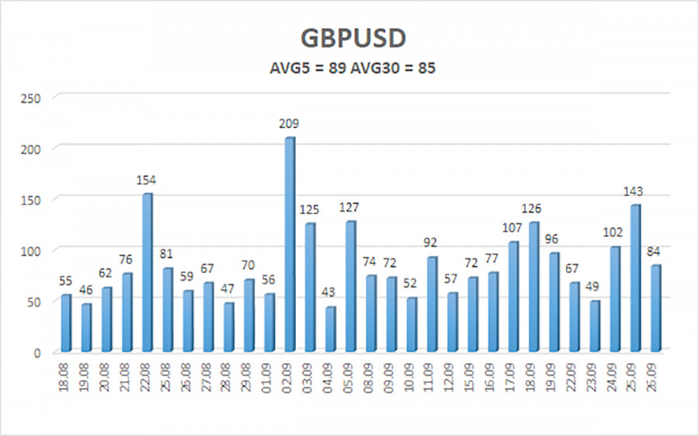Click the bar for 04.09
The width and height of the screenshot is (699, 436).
click(x=330, y=329)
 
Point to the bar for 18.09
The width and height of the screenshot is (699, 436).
click(x=534, y=287)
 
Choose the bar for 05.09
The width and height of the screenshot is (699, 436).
click(x=350, y=286)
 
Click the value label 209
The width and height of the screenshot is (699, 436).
click(x=289, y=123)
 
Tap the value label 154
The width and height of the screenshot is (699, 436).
click(x=147, y=180)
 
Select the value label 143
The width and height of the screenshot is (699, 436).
click(x=635, y=191)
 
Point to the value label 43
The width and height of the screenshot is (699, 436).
click(x=330, y=293)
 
